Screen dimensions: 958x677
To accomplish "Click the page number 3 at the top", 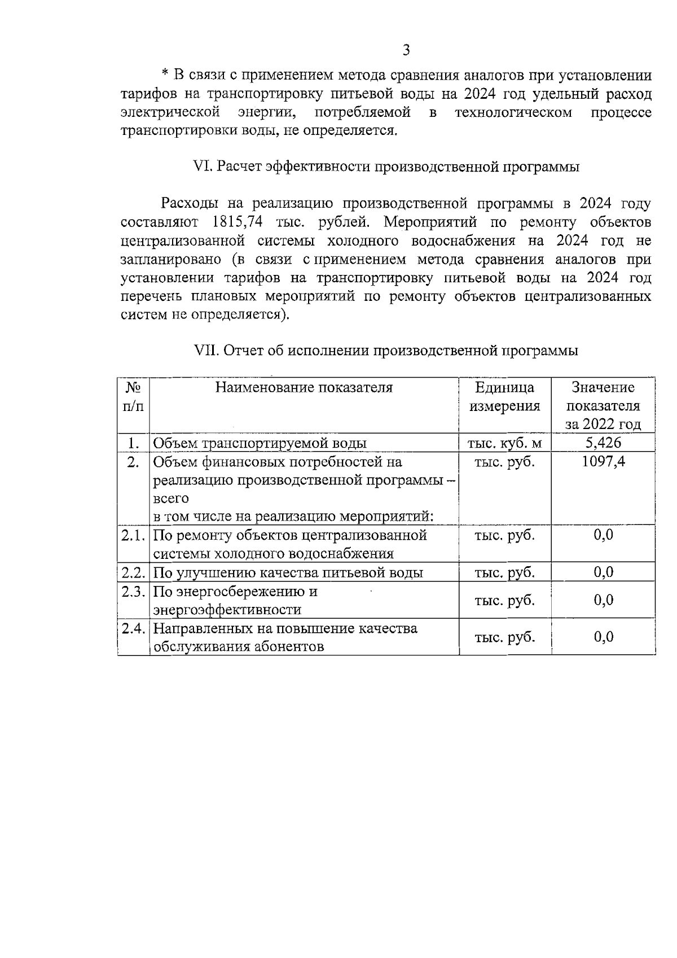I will (406, 51).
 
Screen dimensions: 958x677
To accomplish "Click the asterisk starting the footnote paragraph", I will (165, 75).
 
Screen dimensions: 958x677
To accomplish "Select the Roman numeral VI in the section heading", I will (201, 167).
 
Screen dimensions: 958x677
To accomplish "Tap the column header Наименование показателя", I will (304, 388).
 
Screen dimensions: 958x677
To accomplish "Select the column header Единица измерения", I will (505, 397).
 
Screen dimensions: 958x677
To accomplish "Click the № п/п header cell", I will (133, 397).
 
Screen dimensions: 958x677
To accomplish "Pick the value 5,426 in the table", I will (603, 443).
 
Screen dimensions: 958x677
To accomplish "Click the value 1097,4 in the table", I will (603, 462).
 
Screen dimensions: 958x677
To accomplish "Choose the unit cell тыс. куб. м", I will (505, 443).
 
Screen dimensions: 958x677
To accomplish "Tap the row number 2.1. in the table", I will (134, 535).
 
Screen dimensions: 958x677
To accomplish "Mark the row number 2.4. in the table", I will (134, 628).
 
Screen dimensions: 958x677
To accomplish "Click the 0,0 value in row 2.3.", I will (603, 600).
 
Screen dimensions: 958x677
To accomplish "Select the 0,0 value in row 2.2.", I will (603, 572).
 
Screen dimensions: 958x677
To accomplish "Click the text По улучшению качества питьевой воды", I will (288, 573).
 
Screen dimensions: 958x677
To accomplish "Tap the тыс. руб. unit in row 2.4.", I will (505, 637).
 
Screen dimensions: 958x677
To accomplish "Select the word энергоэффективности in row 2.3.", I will (227, 610).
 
